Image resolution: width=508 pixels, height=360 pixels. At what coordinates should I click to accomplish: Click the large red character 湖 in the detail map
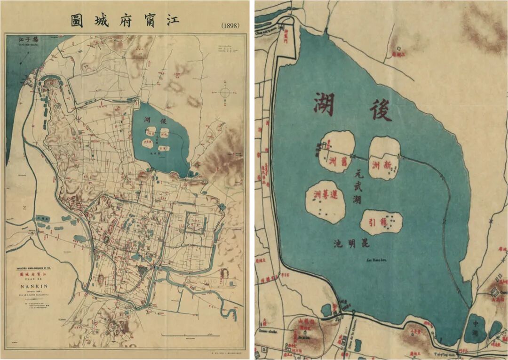[324, 104]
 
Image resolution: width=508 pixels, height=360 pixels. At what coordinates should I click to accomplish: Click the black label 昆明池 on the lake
[352, 244]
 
